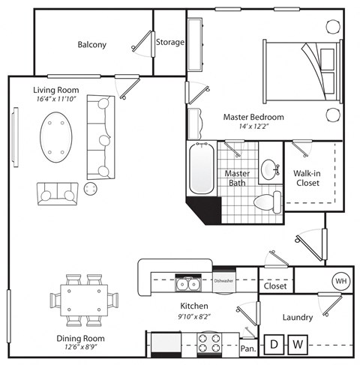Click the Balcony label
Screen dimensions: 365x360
[92, 44]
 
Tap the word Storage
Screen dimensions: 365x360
[169, 42]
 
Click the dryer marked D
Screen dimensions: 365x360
[275, 345]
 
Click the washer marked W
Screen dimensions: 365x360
[298, 345]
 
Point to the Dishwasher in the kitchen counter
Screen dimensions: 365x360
[224, 283]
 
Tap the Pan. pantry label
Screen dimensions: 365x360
[247, 349]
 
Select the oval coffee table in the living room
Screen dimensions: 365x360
[56, 137]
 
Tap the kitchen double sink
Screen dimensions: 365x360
[185, 284]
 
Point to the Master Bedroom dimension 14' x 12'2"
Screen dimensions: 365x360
[253, 128]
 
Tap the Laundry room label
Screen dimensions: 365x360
[297, 318]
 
